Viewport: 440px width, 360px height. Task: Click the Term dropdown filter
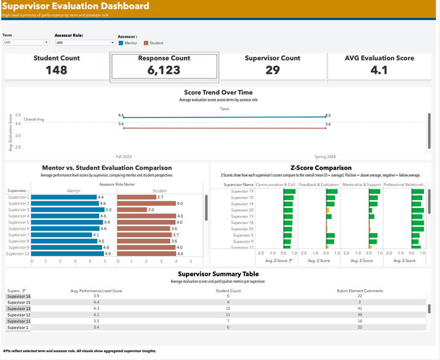click(x=25, y=42)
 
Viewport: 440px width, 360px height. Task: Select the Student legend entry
click(x=156, y=43)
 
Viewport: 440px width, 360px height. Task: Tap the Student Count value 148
click(x=57, y=70)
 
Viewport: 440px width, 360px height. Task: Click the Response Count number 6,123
click(x=164, y=70)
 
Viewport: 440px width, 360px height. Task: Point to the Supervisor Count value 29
click(x=272, y=70)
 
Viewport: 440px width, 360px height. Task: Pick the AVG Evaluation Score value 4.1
click(x=379, y=70)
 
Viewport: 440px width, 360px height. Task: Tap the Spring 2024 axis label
click(x=327, y=156)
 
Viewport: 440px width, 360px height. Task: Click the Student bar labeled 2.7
click(x=136, y=197)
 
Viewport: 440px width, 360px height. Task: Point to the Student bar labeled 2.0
click(x=131, y=210)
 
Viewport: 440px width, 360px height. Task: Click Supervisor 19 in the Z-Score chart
click(x=242, y=191)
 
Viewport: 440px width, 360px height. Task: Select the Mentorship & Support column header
click(x=361, y=185)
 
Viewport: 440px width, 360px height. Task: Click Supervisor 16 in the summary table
click(x=18, y=296)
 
